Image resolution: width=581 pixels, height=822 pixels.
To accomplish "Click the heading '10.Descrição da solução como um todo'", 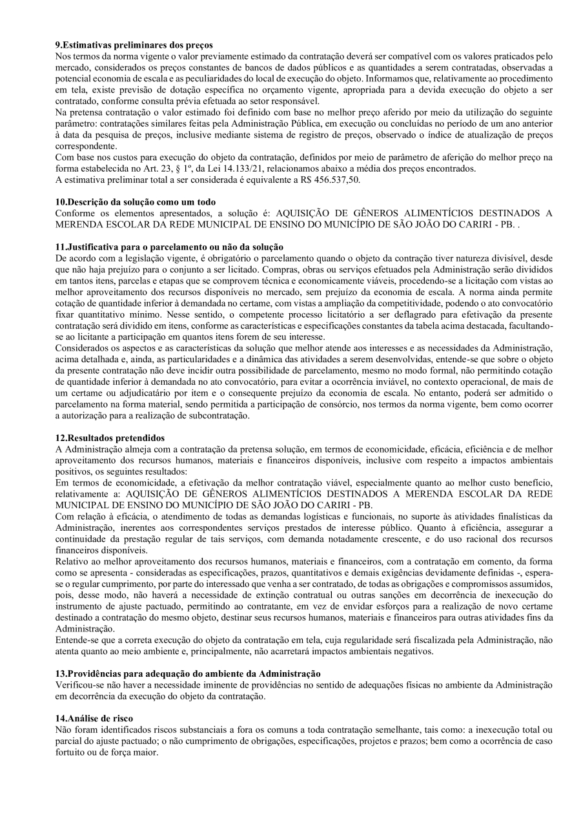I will point(136,202).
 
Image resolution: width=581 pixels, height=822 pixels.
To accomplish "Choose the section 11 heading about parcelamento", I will point(169,247).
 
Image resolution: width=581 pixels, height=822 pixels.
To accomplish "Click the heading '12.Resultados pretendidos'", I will point(110,438).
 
